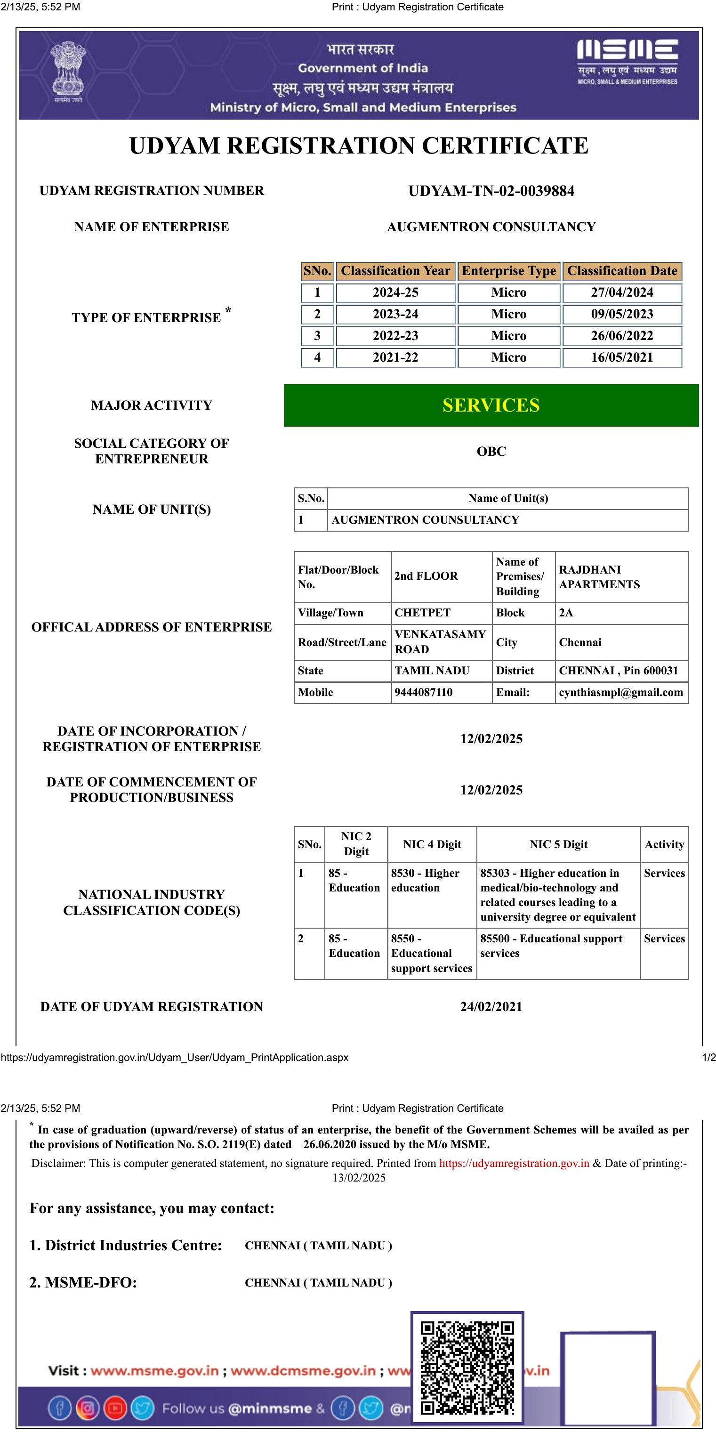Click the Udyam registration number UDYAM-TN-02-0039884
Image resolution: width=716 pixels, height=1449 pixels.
491,191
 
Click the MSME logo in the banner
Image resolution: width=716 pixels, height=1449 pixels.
627,61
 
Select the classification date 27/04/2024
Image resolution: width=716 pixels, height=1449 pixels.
621,292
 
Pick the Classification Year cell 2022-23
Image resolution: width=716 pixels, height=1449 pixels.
395,336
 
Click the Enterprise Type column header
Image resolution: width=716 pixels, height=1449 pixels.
508,271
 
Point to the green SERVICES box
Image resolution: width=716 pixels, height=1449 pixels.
491,405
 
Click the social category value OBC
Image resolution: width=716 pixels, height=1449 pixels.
491,451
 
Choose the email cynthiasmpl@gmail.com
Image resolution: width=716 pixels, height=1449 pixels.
621,692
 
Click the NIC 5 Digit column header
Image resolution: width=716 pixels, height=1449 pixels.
558,844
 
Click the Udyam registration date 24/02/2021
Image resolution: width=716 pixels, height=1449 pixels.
491,1006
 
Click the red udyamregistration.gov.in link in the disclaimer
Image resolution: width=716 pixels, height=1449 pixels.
514,1163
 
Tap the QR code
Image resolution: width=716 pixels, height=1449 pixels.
467,1368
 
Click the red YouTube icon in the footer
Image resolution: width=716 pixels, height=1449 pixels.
115,1408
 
